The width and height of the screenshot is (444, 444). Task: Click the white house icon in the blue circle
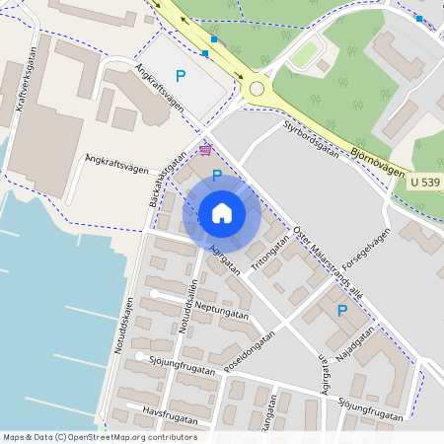tap(221, 212)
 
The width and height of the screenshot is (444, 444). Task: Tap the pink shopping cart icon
tap(204, 149)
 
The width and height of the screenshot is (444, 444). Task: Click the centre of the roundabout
tap(257, 89)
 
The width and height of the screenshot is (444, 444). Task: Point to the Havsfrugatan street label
tap(164, 410)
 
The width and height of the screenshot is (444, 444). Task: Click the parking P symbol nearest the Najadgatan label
tap(342, 310)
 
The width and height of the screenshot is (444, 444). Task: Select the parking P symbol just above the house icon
tap(217, 176)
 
